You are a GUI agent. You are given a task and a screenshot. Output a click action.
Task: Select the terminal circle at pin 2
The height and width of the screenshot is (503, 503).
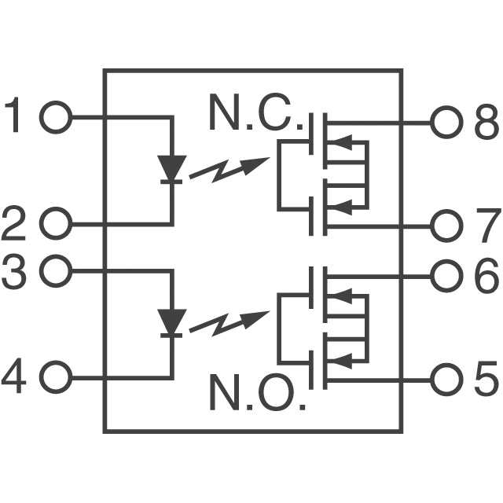(55, 225)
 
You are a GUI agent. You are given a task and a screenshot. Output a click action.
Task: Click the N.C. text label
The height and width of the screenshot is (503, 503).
(255, 114)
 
